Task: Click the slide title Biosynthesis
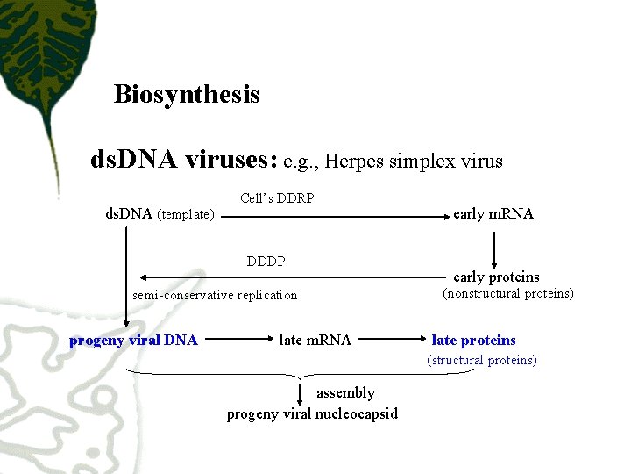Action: (187, 94)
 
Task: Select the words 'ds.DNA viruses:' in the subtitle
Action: (184, 160)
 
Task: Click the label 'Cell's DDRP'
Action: (277, 198)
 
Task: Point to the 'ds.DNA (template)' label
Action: (160, 213)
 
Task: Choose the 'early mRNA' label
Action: (493, 213)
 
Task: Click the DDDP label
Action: (266, 262)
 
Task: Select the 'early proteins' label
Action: (496, 276)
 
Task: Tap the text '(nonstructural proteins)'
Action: (508, 294)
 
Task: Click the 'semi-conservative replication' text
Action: (215, 295)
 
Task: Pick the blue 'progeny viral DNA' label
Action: (133, 341)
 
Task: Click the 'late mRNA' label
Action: (315, 341)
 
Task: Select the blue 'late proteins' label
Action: (474, 341)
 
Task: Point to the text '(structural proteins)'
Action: (482, 360)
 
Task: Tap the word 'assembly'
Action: (345, 393)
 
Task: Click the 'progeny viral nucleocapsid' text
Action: (312, 413)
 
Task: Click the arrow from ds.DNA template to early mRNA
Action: (333, 216)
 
